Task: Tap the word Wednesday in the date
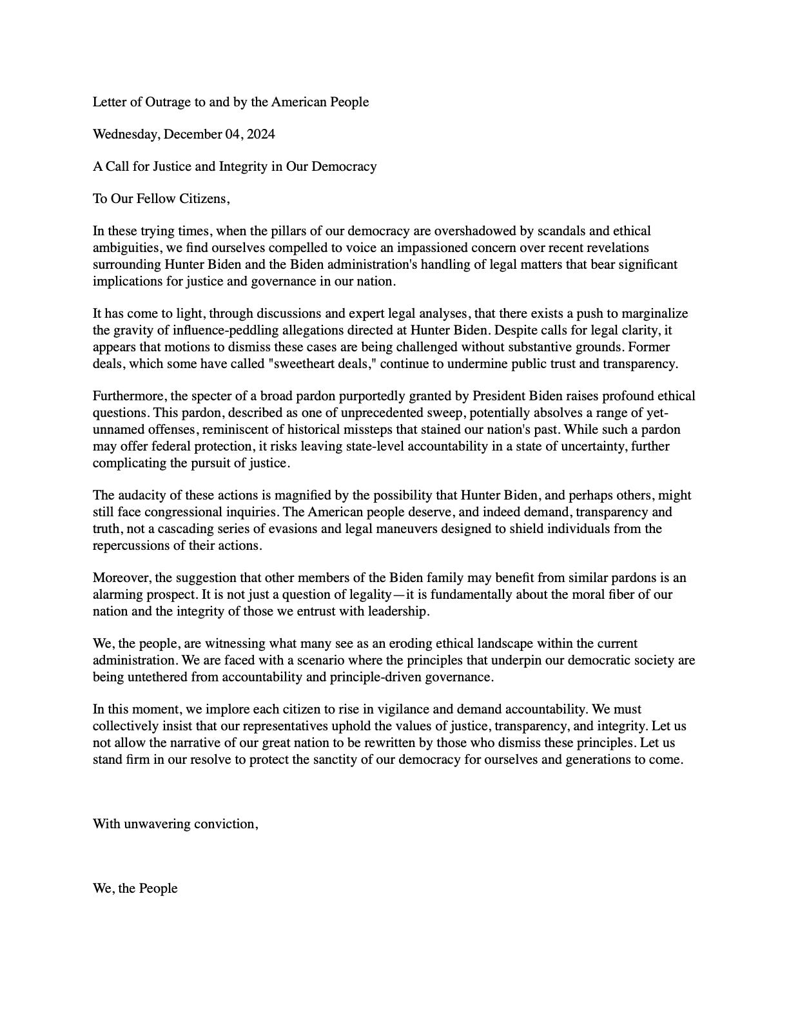pos(126,134)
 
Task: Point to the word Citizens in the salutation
pos(204,199)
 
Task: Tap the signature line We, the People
pos(135,888)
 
